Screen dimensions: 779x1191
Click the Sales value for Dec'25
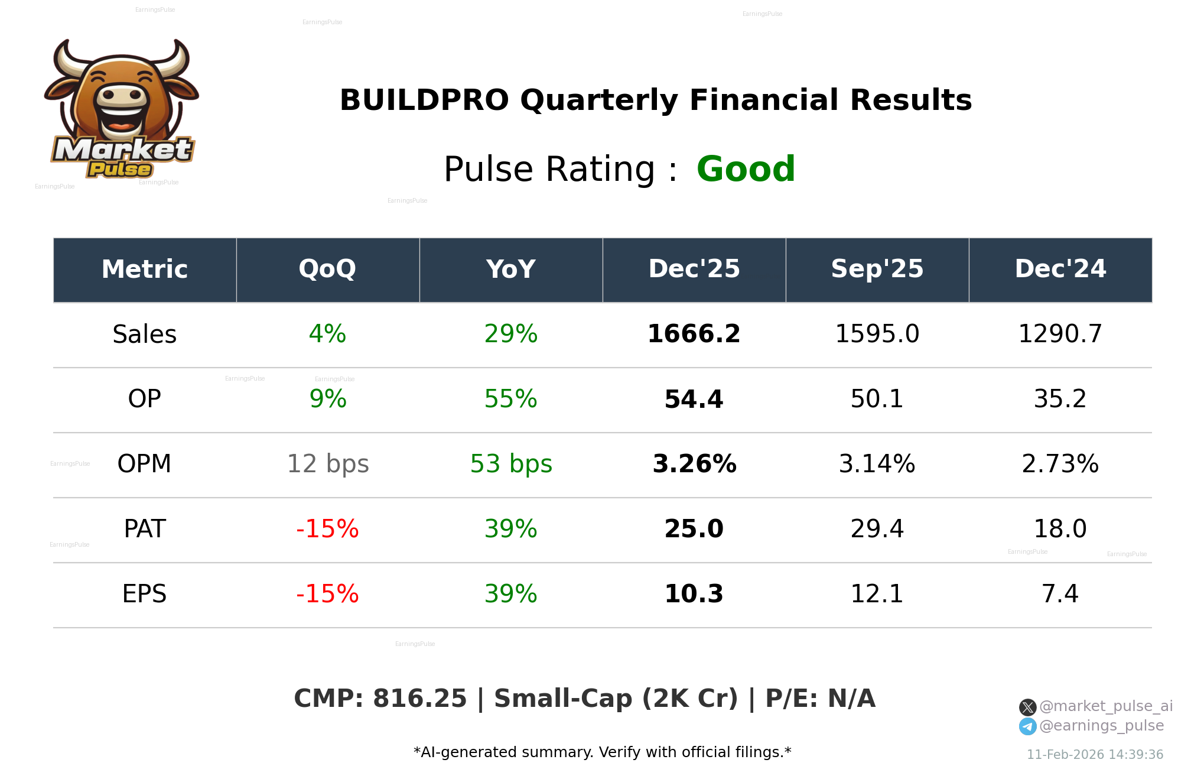click(x=694, y=334)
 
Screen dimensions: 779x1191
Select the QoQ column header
click(x=327, y=270)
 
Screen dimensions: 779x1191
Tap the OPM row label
click(x=144, y=464)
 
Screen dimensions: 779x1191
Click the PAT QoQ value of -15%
click(x=327, y=529)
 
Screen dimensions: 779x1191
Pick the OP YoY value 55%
click(x=510, y=399)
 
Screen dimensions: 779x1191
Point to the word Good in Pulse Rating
click(x=746, y=170)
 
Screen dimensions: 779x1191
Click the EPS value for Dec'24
click(x=1060, y=594)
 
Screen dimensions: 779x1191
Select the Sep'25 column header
click(x=877, y=270)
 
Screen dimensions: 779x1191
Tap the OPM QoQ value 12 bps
click(x=327, y=464)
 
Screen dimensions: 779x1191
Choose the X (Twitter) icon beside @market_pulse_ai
click(x=1027, y=707)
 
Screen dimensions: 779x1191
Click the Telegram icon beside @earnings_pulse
click(x=1027, y=726)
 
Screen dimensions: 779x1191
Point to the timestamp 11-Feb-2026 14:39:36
click(x=1095, y=755)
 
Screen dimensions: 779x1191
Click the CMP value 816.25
click(x=419, y=699)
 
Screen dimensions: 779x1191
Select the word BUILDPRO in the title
click(x=424, y=100)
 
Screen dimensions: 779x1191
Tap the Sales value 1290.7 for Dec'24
click(x=1060, y=334)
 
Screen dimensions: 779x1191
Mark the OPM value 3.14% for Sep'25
click(x=877, y=464)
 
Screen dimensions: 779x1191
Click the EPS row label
click(x=144, y=594)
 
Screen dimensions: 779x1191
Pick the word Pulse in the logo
click(x=120, y=170)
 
